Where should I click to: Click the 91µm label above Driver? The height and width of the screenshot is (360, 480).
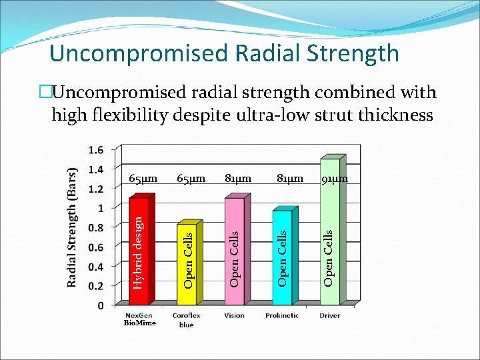point(335,179)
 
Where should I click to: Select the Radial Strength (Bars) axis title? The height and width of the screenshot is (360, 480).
point(73,227)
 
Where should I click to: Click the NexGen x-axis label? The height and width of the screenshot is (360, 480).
point(138,315)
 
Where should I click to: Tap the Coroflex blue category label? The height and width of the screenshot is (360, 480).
point(186,319)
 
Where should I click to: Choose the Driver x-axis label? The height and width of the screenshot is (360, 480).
point(329,315)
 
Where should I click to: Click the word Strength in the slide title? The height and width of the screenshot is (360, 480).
point(346,53)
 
